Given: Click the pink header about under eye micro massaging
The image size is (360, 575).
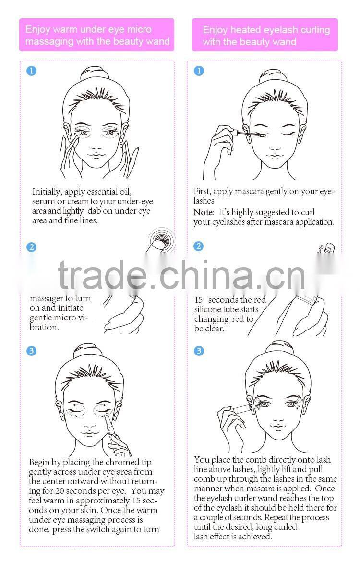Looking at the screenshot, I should [x=96, y=35].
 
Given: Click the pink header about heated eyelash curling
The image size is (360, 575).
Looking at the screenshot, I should [x=265, y=35].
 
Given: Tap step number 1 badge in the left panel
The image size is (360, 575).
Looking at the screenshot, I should [x=31, y=71].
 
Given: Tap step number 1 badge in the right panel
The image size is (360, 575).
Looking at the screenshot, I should [x=199, y=71].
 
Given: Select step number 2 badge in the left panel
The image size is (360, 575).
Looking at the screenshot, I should [x=31, y=247].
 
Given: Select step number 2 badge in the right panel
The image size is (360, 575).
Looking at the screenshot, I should [x=199, y=246].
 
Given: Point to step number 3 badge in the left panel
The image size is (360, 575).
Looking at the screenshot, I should [x=31, y=351].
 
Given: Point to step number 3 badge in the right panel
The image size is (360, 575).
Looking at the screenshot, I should [x=199, y=351].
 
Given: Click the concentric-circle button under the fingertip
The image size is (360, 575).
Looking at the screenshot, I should [x=161, y=237].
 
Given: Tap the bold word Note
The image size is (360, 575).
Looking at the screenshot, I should [x=204, y=212].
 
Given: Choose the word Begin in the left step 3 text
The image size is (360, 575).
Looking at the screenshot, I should [x=40, y=462].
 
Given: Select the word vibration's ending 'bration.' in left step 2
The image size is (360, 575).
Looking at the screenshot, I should [x=44, y=327].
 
